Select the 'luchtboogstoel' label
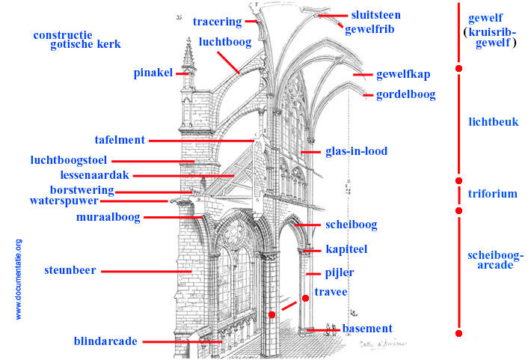69,159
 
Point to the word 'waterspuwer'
64,201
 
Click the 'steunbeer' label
70,270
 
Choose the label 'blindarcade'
105,342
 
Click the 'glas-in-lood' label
356,151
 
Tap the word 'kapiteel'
346,248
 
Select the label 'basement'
367,329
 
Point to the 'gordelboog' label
405,95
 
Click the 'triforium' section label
492,194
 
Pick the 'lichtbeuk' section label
493,122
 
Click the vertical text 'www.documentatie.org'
19,279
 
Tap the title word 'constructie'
63,34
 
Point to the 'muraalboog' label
108,217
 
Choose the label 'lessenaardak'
95,174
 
